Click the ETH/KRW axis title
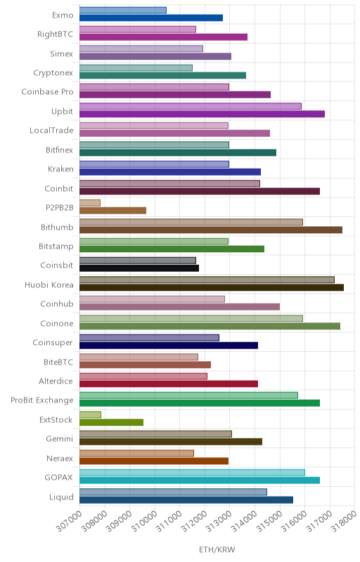click(x=217, y=549)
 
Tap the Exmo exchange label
click(x=63, y=15)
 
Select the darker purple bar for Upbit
click(x=202, y=114)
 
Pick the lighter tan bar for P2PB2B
click(x=90, y=203)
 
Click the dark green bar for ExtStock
click(x=112, y=422)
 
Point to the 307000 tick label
click(x=69, y=521)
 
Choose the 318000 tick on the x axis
click(x=344, y=521)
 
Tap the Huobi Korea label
click(x=49, y=285)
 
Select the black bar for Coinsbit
click(x=139, y=268)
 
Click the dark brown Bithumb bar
click(x=211, y=230)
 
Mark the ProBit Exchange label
click(x=42, y=400)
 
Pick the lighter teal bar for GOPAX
click(x=192, y=472)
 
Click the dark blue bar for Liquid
click(x=186, y=499)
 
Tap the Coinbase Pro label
click(x=47, y=92)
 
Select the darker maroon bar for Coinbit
click(x=200, y=191)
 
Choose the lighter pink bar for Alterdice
click(x=143, y=377)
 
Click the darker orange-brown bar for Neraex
click(x=154, y=461)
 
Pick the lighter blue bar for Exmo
click(x=123, y=10)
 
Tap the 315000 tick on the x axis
click(x=269, y=521)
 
